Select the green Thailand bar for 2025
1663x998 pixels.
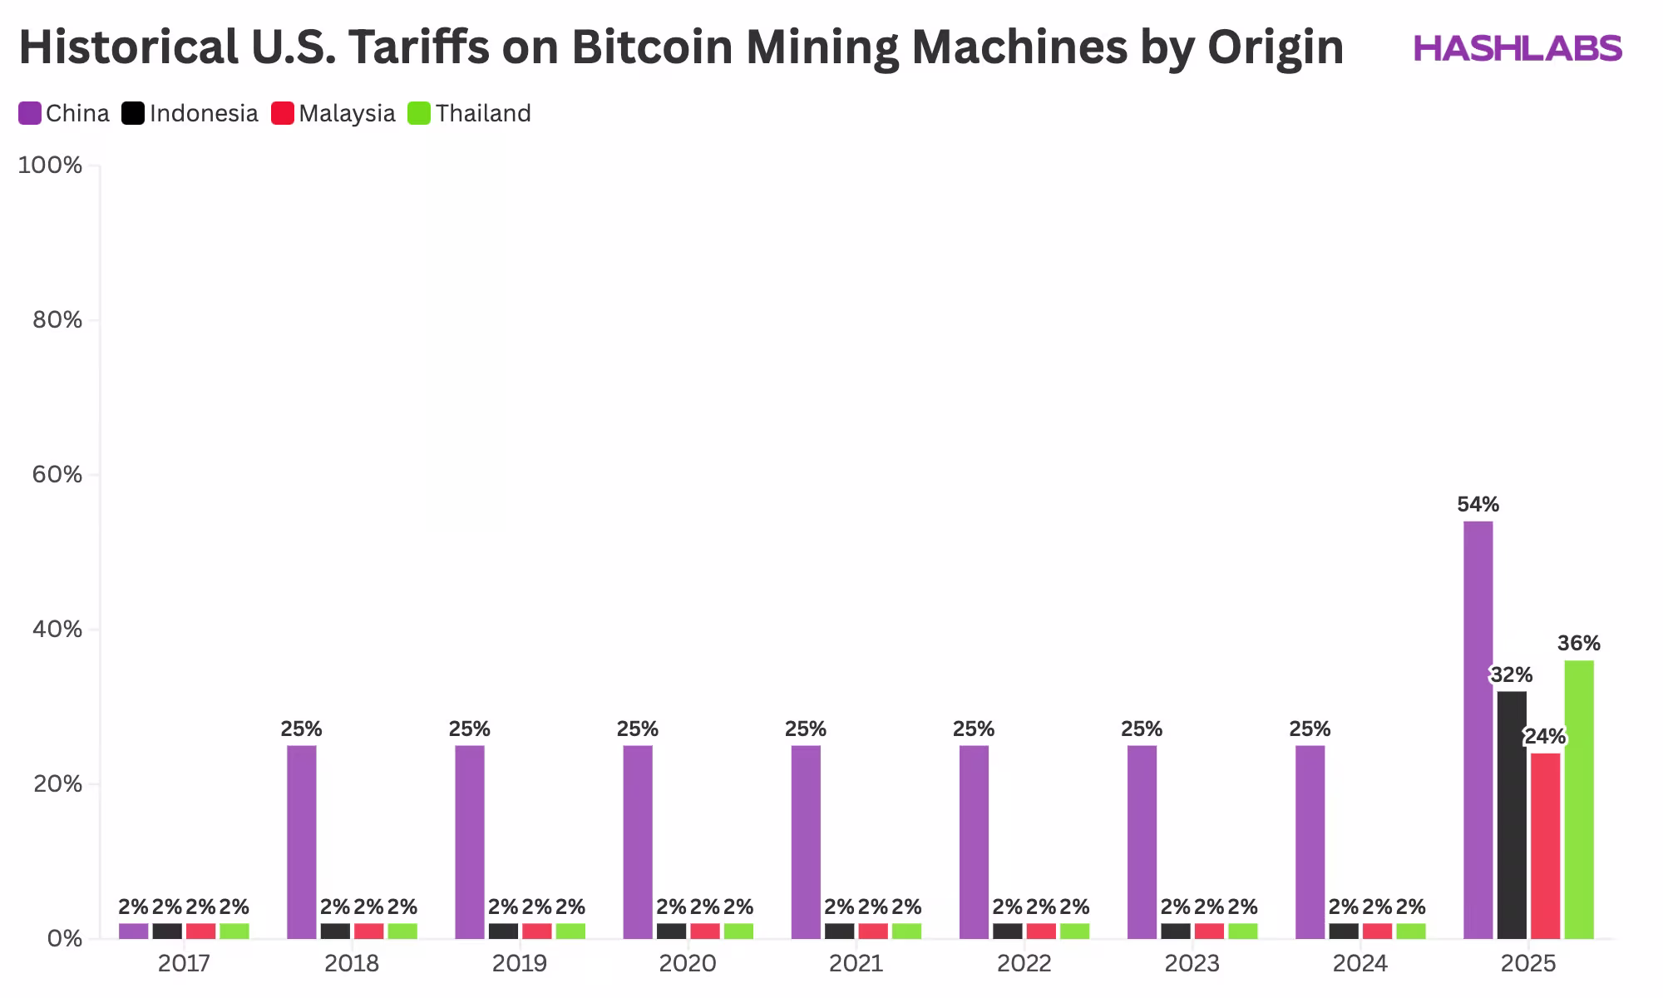coord(1578,799)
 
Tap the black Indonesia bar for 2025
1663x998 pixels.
coord(1512,815)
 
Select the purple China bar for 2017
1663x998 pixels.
coord(133,931)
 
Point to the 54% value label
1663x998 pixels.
coord(1478,505)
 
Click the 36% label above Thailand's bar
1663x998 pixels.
coord(1578,644)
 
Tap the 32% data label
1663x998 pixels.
coord(1511,675)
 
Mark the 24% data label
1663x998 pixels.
coord(1545,737)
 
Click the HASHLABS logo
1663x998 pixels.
coord(1517,48)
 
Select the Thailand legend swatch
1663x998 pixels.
coord(419,113)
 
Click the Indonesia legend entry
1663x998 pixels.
coord(190,113)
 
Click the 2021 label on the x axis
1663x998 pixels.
coord(856,964)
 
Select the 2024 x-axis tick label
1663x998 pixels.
coord(1360,964)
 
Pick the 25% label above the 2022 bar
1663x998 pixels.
coord(974,729)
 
